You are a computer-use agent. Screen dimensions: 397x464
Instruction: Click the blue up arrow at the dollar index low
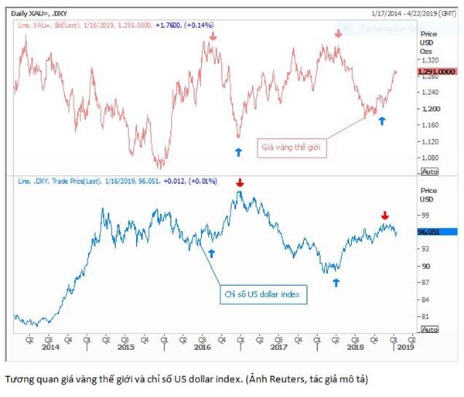click(x=336, y=283)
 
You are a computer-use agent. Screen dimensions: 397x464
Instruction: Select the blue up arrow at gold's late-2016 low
click(x=238, y=151)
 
